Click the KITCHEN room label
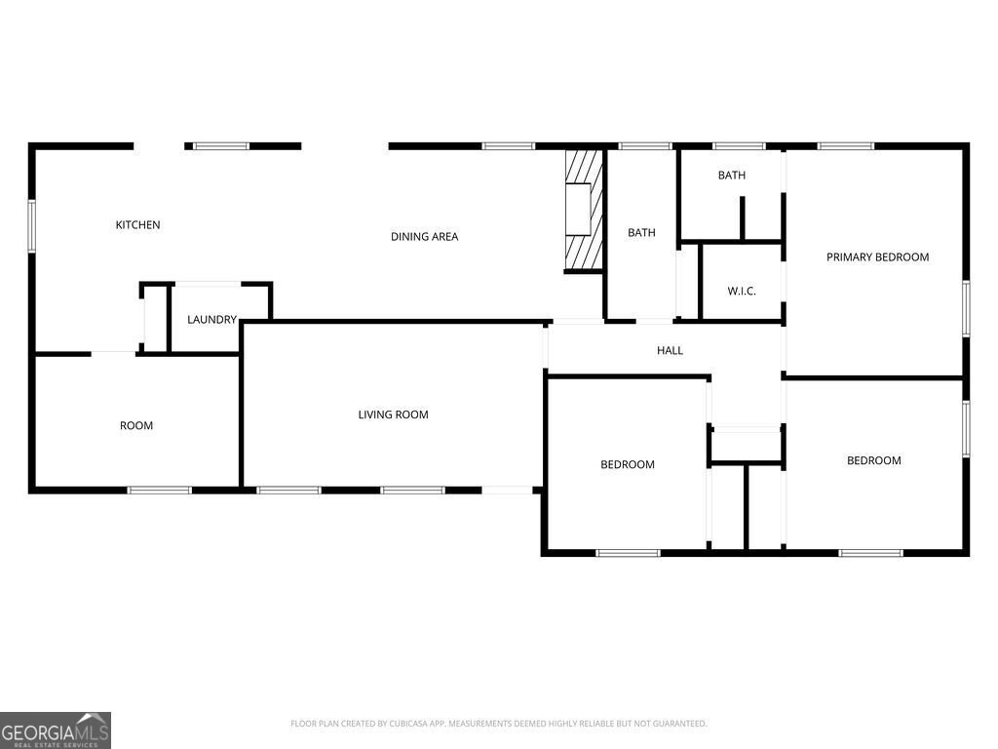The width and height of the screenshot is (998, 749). (x=137, y=225)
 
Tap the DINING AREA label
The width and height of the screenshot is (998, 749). (x=424, y=237)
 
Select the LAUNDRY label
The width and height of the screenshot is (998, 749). (x=211, y=320)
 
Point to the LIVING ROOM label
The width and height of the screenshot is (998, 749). (x=393, y=414)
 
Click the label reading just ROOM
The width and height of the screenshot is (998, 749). (x=136, y=426)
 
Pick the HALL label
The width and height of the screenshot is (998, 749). (x=670, y=350)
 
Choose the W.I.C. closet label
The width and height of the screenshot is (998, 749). (x=742, y=292)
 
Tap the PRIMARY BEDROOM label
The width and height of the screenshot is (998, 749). (x=877, y=257)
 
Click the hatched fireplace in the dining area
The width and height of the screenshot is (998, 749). (x=585, y=210)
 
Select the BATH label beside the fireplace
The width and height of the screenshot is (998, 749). (x=641, y=233)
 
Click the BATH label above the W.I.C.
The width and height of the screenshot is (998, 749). (x=732, y=176)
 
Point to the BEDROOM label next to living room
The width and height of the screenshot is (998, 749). (x=627, y=465)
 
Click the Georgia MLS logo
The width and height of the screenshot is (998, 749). (x=56, y=730)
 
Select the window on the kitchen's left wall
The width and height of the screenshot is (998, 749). (x=32, y=225)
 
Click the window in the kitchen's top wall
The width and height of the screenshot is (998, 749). (x=220, y=146)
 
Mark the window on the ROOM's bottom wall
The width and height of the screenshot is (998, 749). (x=160, y=490)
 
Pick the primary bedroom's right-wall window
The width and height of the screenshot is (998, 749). (x=966, y=309)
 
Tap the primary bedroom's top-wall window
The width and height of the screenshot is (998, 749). (x=846, y=146)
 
